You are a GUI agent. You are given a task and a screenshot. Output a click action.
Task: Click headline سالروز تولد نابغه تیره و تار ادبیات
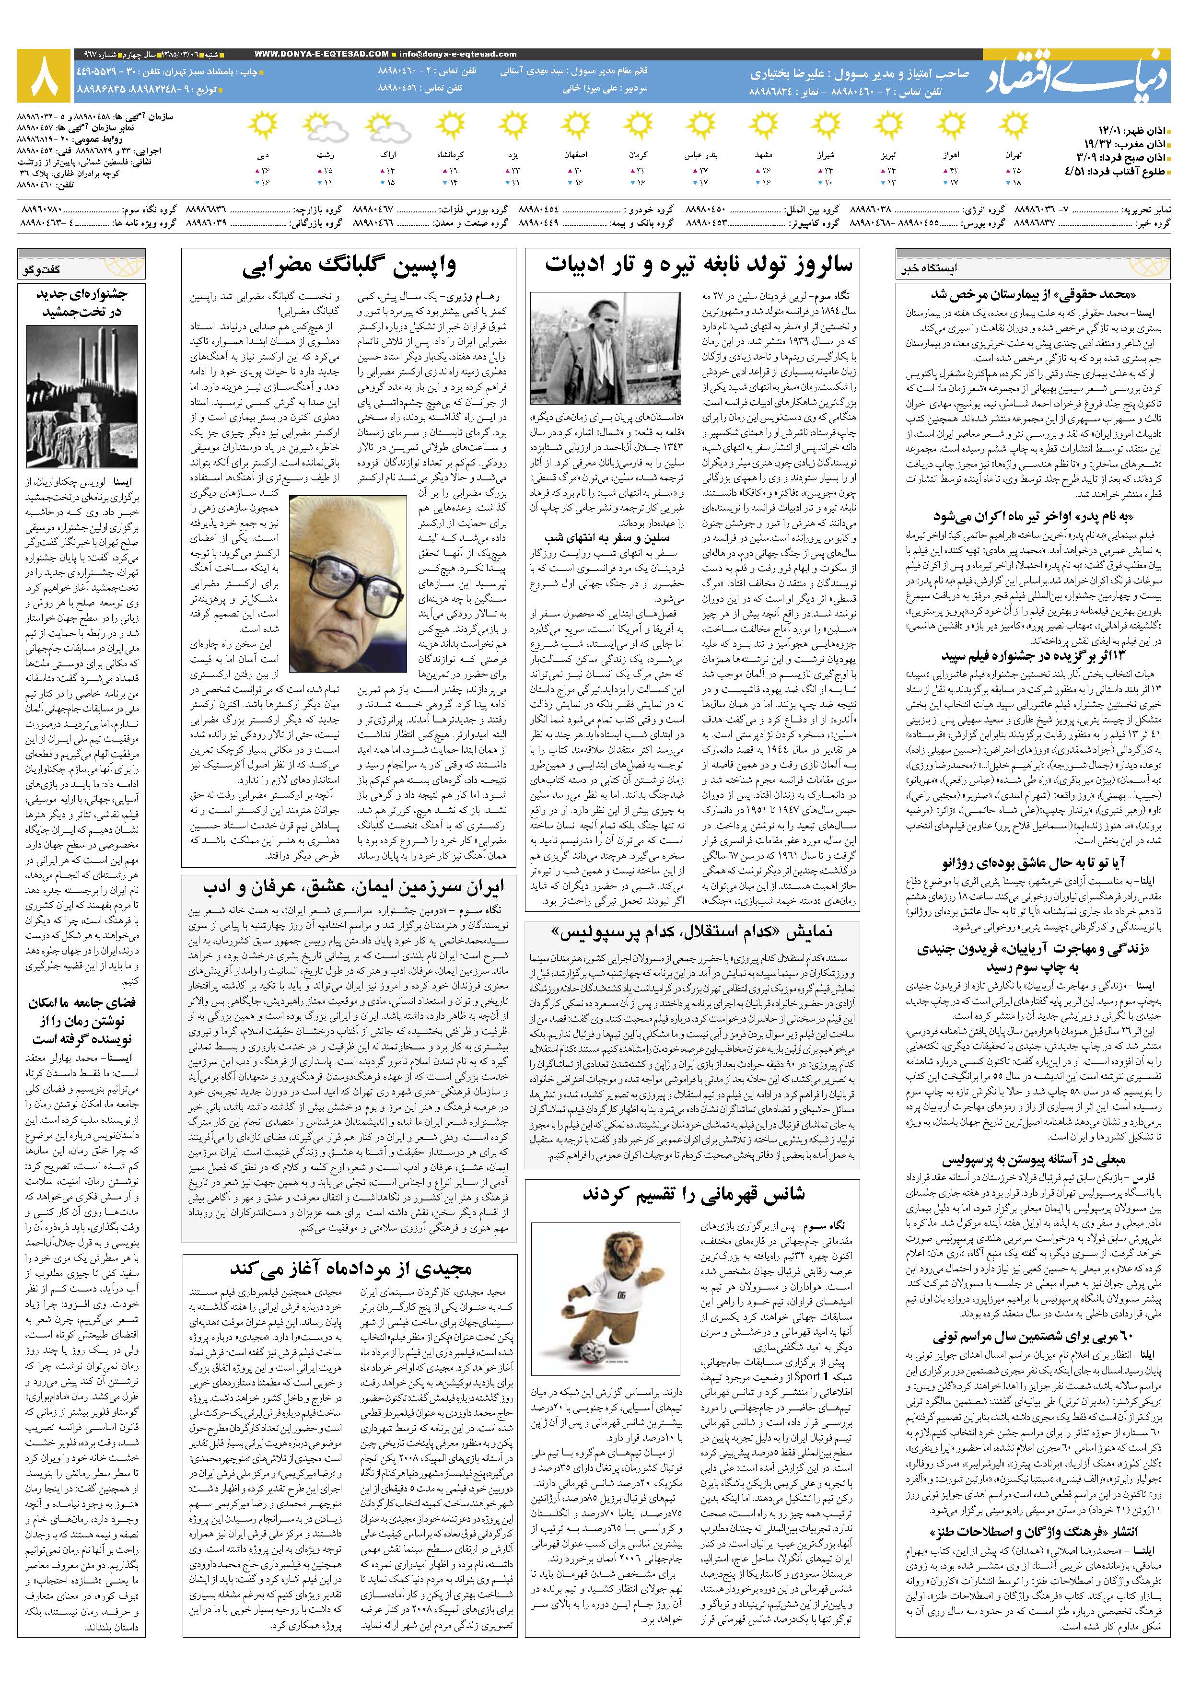point(699,265)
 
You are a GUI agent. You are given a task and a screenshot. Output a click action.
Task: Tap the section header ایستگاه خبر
point(930,268)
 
